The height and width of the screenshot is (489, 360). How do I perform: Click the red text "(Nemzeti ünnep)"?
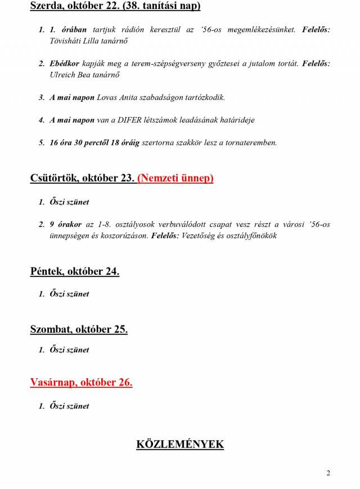click(x=175, y=178)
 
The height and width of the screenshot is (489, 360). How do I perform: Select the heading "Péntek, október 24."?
click(x=74, y=271)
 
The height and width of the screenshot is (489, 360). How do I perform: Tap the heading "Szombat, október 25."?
click(x=79, y=329)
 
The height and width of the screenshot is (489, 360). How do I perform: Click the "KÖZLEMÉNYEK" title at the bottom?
click(x=180, y=444)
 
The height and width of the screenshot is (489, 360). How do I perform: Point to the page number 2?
click(x=328, y=473)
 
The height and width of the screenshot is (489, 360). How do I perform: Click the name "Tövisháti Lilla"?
click(x=75, y=42)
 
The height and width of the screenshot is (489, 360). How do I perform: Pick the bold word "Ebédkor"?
click(x=64, y=64)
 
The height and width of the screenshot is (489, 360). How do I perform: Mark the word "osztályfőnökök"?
click(x=250, y=236)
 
